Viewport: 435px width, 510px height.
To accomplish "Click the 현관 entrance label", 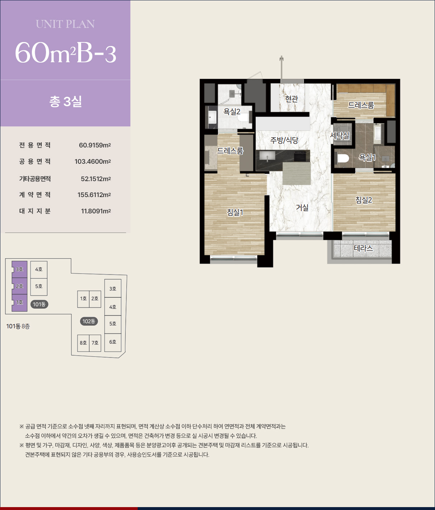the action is [x=292, y=99].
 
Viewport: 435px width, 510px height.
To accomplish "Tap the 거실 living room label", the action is [x=302, y=208].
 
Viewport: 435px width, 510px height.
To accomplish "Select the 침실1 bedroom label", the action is [x=235, y=212].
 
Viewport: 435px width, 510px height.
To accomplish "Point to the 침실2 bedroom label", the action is [x=363, y=200].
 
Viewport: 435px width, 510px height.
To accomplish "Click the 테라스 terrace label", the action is [x=363, y=248].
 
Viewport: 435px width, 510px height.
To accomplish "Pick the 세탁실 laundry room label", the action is [x=340, y=135].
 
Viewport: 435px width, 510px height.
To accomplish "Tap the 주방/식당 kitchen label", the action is [x=284, y=140].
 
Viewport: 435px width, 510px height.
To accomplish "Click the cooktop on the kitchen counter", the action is [x=300, y=156].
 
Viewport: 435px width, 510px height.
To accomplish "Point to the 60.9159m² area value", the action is [x=95, y=145].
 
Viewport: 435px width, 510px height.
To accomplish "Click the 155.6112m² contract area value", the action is [x=94, y=195].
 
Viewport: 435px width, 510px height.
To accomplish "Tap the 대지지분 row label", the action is [x=35, y=211].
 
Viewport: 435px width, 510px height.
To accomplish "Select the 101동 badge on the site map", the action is [x=39, y=304].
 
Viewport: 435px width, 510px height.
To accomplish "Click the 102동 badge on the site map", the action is [x=89, y=321].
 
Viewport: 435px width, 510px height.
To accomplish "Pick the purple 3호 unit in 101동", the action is [x=20, y=269].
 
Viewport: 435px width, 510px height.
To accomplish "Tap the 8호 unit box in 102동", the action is [x=83, y=343].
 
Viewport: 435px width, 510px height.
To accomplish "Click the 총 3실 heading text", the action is [x=66, y=101].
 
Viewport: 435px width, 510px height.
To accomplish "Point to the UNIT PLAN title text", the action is [x=65, y=24].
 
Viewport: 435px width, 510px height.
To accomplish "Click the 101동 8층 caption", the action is [x=18, y=326].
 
